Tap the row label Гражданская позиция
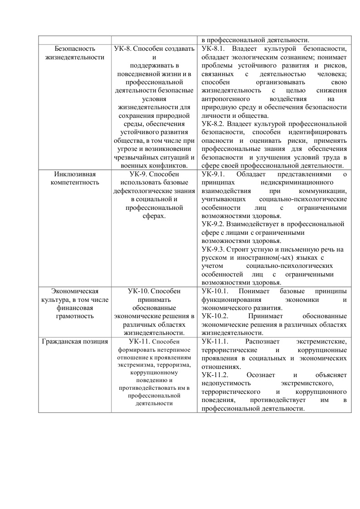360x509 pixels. click(74, 341)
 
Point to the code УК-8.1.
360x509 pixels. click(213, 48)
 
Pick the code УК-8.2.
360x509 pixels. click(213, 123)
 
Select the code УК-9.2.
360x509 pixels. click(213, 224)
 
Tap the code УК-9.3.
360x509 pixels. click(213, 249)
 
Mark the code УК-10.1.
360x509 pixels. click(215, 291)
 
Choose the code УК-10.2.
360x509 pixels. click(215, 316)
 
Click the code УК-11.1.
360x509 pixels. click(215, 341)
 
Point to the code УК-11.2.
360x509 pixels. click(215, 375)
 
